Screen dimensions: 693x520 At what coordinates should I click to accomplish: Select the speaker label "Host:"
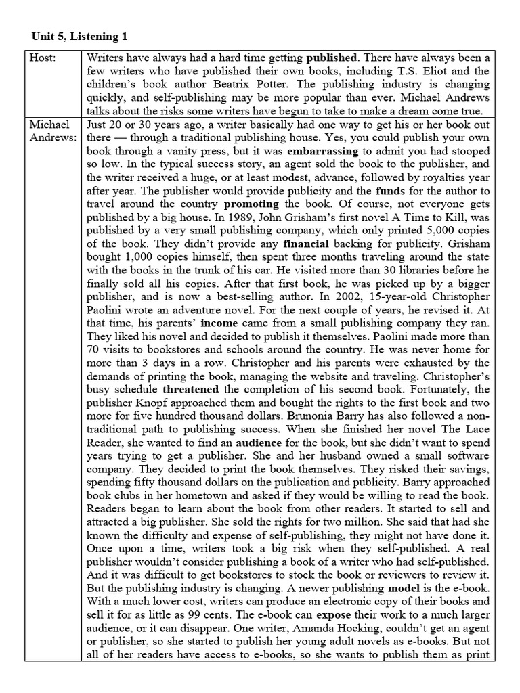click(x=44, y=58)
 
